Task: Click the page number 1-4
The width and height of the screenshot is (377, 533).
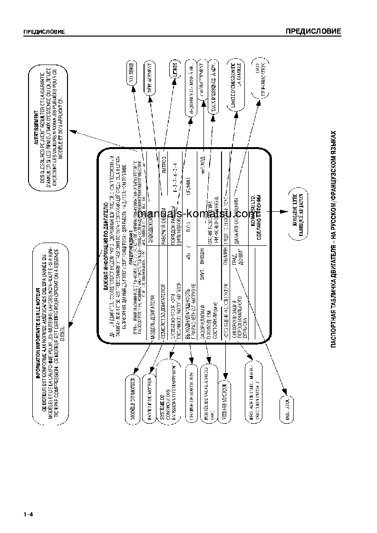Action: pyautogui.click(x=27, y=514)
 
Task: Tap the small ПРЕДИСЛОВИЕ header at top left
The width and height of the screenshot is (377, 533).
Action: pyautogui.click(x=44, y=32)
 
